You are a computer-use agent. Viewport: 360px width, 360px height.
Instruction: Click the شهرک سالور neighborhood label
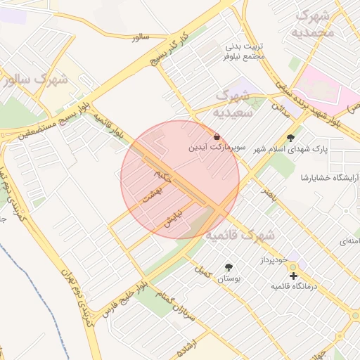[35, 79]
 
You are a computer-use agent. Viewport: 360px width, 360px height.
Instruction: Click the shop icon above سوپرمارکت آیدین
[216, 136]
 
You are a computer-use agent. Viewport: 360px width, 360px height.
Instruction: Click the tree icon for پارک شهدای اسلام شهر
[291, 138]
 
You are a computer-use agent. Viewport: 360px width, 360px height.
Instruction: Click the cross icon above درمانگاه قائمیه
[293, 276]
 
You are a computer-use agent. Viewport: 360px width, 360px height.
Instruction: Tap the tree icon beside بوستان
[229, 267]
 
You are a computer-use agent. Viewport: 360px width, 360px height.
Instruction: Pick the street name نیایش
[173, 218]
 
